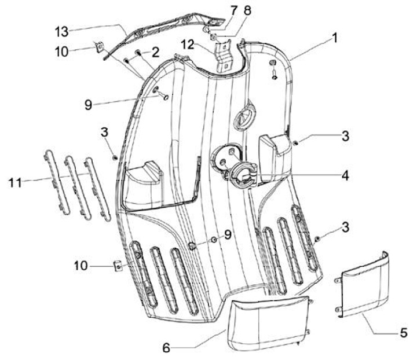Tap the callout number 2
click(x=155, y=53)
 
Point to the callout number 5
click(x=403, y=332)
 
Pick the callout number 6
click(x=167, y=348)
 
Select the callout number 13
click(x=62, y=30)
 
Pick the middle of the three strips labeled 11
click(x=74, y=185)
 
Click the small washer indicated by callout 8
click(x=213, y=38)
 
